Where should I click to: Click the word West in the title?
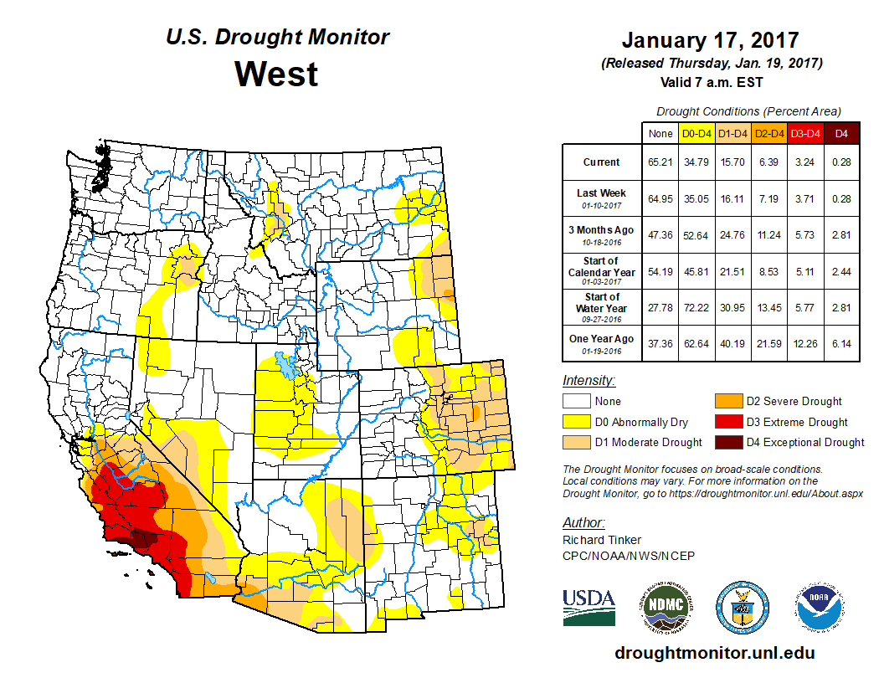click(x=276, y=74)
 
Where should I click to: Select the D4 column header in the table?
click(x=841, y=132)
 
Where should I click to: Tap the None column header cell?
click(x=660, y=132)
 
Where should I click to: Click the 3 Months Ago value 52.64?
click(x=696, y=235)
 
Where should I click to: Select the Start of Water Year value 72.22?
click(x=696, y=307)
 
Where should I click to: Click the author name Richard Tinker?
click(x=602, y=540)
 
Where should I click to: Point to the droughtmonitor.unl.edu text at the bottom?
click(x=714, y=653)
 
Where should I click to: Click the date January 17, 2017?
click(x=710, y=40)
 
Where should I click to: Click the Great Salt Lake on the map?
click(x=287, y=367)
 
